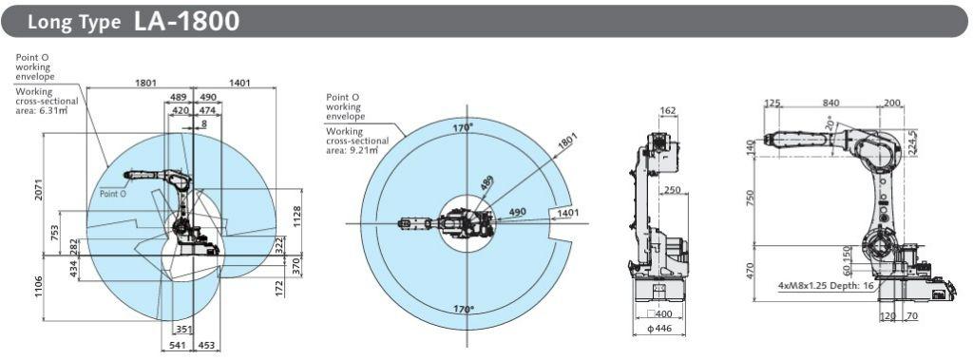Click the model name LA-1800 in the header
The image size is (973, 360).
coord(187,21)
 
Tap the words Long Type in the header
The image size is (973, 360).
coord(74,23)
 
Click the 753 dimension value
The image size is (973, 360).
coord(55,234)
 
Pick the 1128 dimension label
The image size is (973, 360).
coord(296,217)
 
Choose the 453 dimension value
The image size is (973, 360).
coord(206,346)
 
